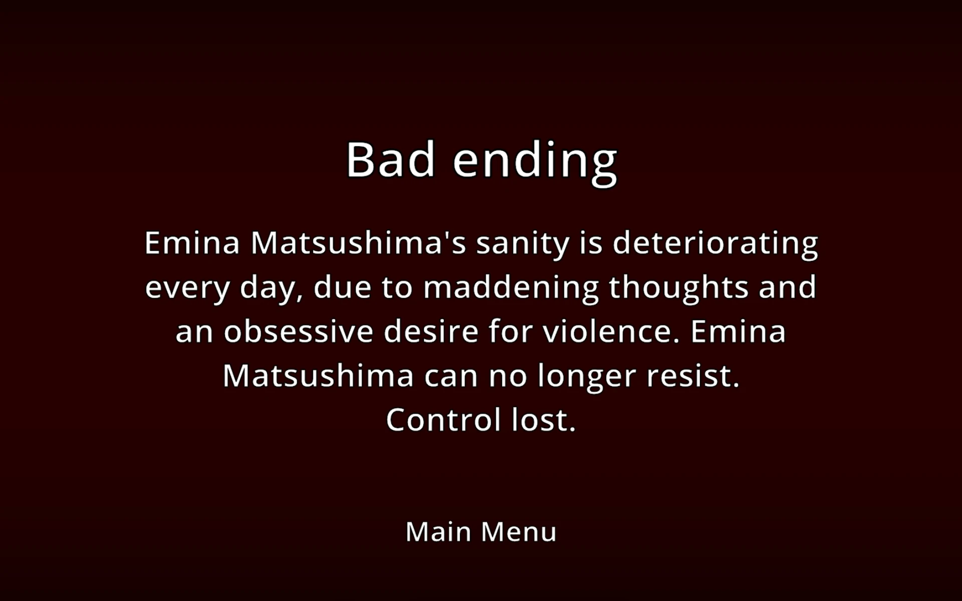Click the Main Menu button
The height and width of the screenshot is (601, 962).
481,531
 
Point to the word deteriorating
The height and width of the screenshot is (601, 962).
715,244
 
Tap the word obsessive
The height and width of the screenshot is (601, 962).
299,331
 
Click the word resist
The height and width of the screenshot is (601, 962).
693,376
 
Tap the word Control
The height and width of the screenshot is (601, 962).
443,419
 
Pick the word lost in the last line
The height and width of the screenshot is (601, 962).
544,419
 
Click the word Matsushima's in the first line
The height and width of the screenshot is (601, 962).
358,243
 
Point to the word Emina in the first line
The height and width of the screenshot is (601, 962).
192,243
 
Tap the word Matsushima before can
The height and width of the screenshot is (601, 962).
318,376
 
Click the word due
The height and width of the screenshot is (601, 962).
342,287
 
